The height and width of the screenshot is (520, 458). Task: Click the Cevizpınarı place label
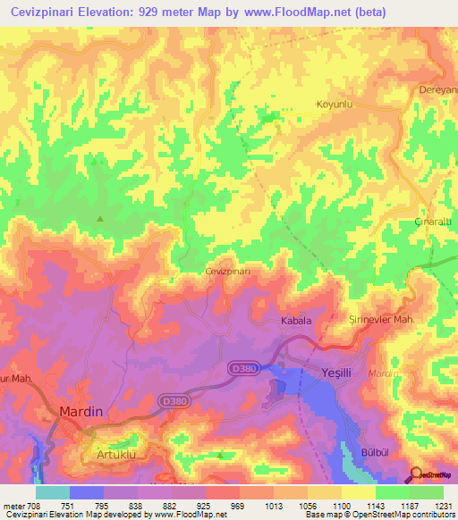[233, 271]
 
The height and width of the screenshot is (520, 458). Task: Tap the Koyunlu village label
[336, 105]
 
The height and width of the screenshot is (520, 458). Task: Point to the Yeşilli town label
[339, 372]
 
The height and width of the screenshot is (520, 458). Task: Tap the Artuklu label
[114, 455]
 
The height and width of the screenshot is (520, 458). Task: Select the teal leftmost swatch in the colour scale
[52, 492]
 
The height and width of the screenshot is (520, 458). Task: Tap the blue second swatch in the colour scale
[87, 492]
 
